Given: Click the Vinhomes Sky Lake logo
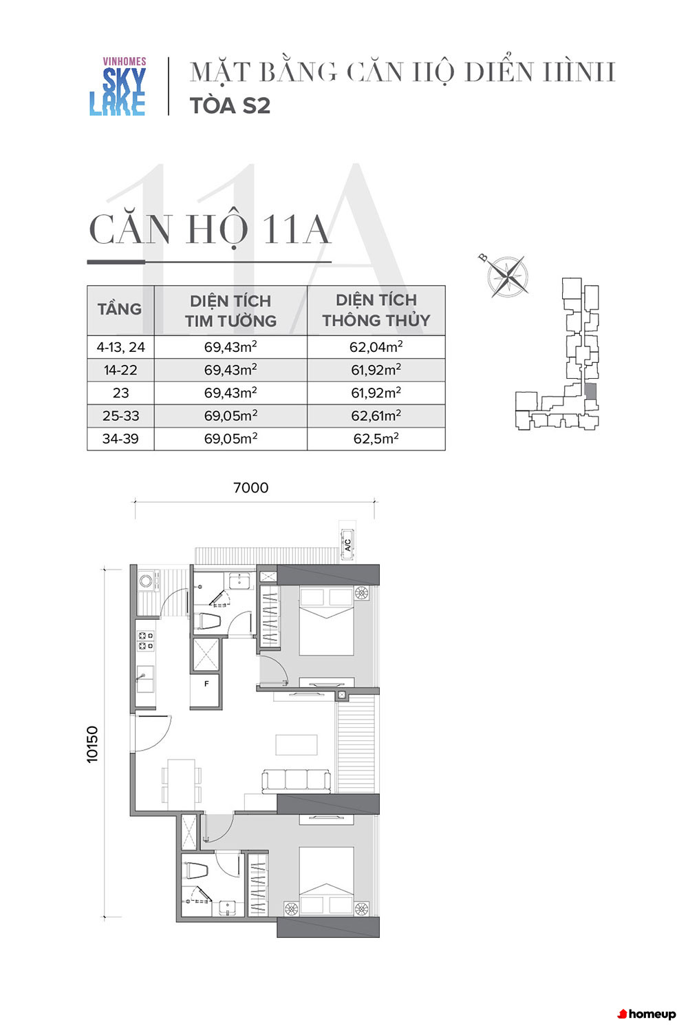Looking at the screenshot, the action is point(118,86).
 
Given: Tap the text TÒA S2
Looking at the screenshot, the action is point(230,105).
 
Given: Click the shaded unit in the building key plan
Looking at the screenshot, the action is point(590,392).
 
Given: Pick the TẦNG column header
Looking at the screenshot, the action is point(120,309).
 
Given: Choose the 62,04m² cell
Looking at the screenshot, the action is point(376,346).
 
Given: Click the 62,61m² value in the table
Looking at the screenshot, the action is point(376,415).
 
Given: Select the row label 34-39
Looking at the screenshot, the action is point(120,439).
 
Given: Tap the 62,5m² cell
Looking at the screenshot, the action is point(376,438).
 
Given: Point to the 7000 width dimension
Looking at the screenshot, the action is point(250,488).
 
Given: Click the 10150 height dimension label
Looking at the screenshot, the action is point(92,744).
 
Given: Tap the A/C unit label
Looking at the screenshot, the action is point(348,545).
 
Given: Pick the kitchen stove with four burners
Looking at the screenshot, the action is point(146,641).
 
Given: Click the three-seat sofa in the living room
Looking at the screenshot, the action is point(296,781).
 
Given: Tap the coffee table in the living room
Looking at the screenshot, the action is point(297,744).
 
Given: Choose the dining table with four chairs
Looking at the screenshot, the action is point(181,783).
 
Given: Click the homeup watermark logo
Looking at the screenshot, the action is point(647,1014).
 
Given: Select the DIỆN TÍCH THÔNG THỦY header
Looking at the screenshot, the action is point(376,310).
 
